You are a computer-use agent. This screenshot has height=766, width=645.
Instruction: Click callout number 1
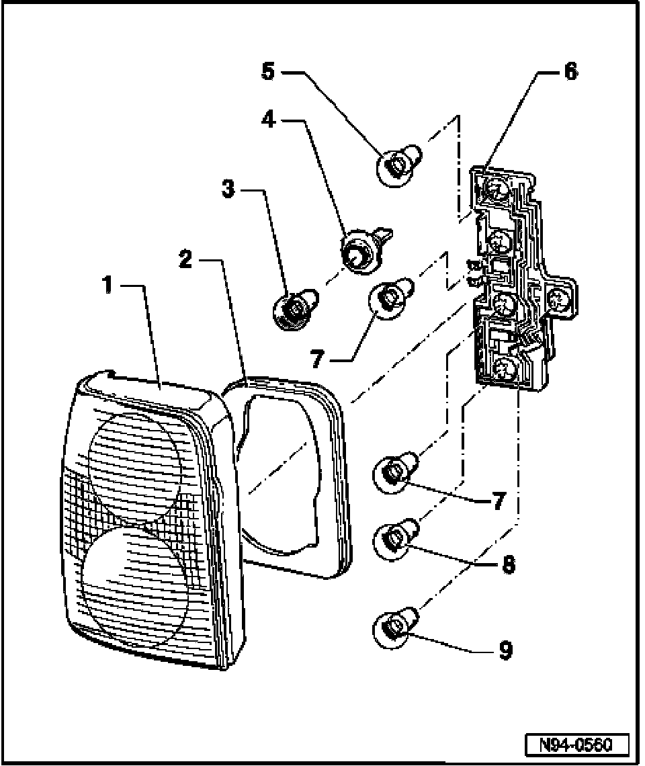click(108, 285)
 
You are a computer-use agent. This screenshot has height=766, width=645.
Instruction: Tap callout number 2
click(185, 259)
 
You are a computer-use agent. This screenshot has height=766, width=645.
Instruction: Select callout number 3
click(228, 189)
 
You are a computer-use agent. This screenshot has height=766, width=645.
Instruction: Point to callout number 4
click(268, 119)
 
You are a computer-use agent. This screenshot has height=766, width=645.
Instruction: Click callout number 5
click(268, 72)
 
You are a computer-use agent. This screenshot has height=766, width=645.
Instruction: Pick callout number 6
click(570, 72)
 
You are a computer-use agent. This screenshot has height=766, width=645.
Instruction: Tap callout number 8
click(509, 565)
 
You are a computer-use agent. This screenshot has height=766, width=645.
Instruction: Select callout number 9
click(505, 650)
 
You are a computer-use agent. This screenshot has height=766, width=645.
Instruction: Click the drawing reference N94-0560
click(576, 745)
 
